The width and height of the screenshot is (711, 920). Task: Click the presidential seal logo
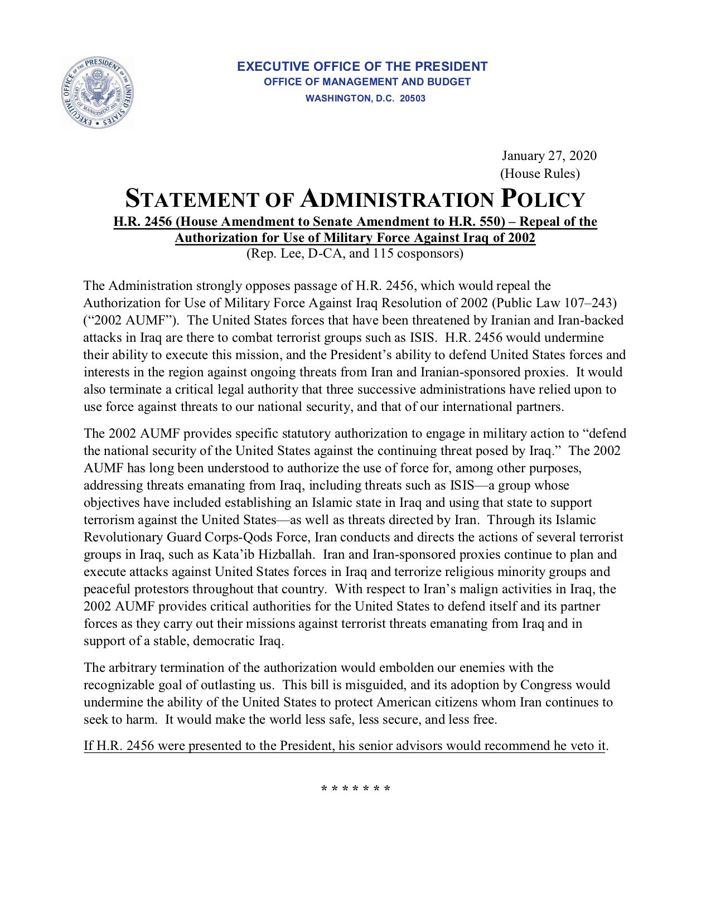tap(98, 93)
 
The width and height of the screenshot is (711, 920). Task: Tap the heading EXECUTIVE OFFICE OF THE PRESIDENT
tap(362, 66)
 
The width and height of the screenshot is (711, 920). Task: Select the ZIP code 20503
tap(412, 99)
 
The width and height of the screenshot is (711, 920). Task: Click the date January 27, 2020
tap(549, 156)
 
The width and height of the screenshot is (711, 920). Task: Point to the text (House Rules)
tap(539, 173)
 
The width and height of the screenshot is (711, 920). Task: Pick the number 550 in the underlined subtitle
tap(490, 222)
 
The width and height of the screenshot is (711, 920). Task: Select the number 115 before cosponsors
tap(383, 254)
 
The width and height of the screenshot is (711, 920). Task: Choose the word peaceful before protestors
tap(106, 589)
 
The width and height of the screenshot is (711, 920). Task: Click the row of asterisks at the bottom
tap(356, 789)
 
